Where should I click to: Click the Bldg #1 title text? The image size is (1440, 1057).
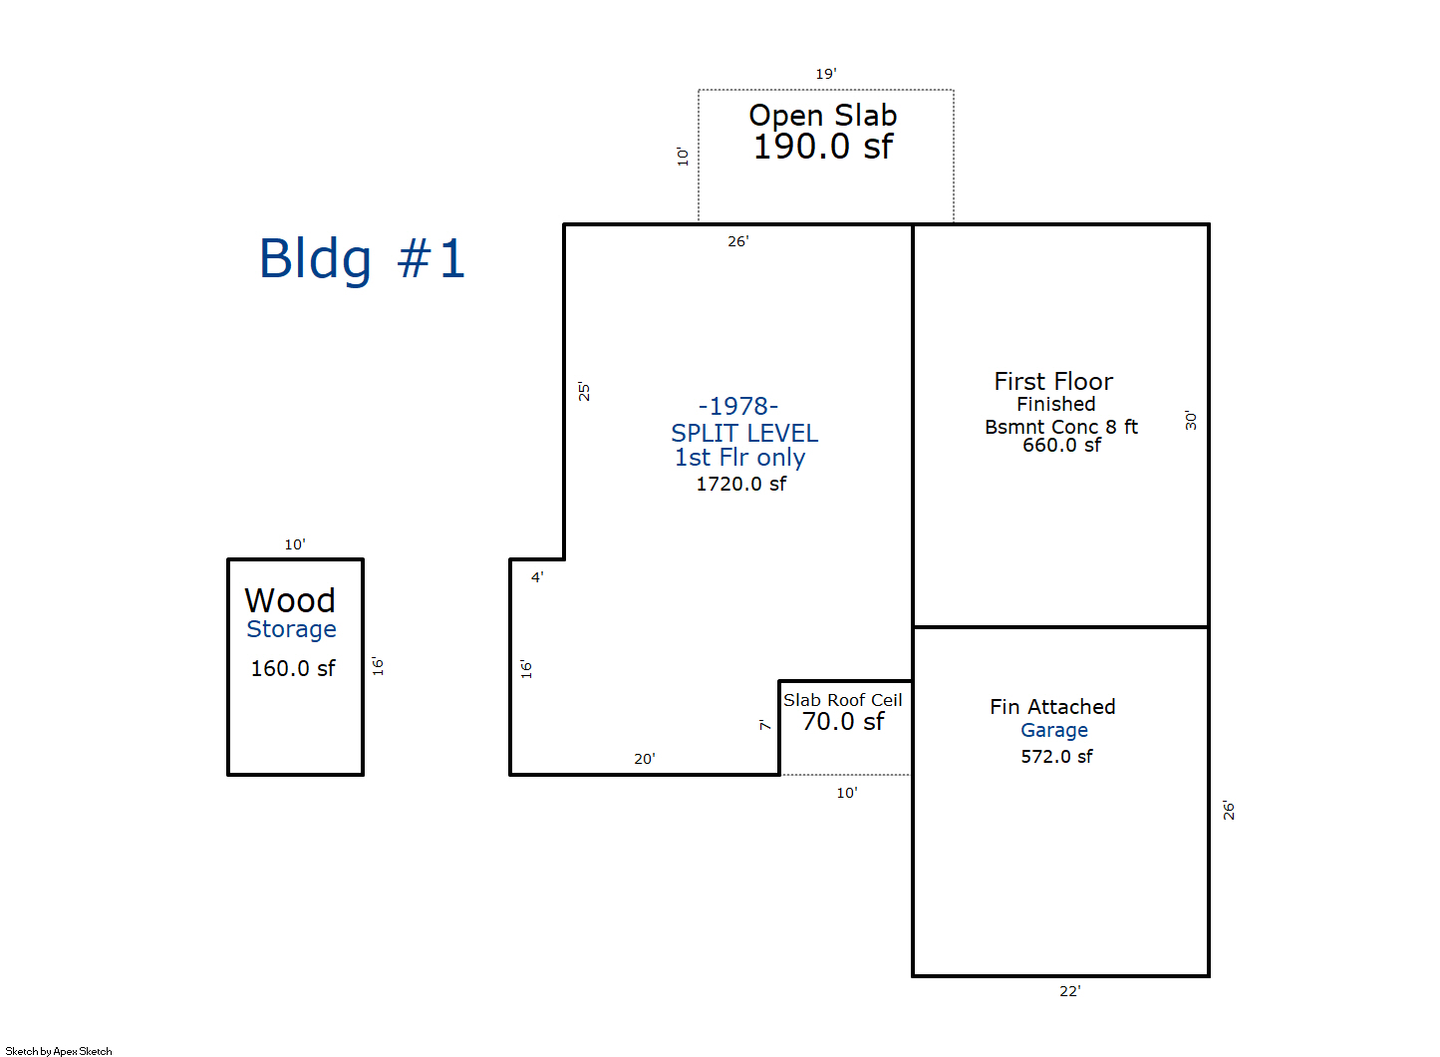pyautogui.click(x=362, y=259)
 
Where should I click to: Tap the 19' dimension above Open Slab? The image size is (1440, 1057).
pyautogui.click(x=825, y=74)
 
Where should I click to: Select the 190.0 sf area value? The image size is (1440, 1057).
pyautogui.click(x=822, y=148)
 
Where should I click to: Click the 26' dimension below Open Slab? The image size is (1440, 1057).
pyautogui.click(x=737, y=241)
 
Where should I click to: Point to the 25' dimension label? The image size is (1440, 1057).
pyautogui.click(x=584, y=391)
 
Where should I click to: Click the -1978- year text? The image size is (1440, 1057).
pyautogui.click(x=738, y=406)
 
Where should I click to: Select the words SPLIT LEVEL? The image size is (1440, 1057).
pyautogui.click(x=744, y=433)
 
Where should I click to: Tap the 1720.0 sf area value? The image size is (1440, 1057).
pyautogui.click(x=740, y=485)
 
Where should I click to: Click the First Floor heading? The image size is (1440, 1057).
pyautogui.click(x=1053, y=381)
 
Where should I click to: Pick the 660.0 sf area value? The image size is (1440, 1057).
pyautogui.click(x=1061, y=446)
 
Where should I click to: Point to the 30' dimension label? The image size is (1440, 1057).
pyautogui.click(x=1191, y=420)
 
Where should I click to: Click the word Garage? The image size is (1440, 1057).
pyautogui.click(x=1053, y=730)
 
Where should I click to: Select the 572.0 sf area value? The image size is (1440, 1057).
pyautogui.click(x=1056, y=757)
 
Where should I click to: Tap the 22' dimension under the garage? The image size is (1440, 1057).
pyautogui.click(x=1069, y=991)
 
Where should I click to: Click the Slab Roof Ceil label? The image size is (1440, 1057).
pyautogui.click(x=842, y=700)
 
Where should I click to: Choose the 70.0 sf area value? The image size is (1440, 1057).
pyautogui.click(x=843, y=722)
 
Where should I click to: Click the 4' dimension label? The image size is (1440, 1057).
pyautogui.click(x=537, y=577)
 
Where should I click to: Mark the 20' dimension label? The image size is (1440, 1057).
pyautogui.click(x=644, y=759)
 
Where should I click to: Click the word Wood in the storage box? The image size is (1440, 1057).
pyautogui.click(x=290, y=600)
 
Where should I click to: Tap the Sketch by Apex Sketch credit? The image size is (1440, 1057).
pyautogui.click(x=59, y=1051)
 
